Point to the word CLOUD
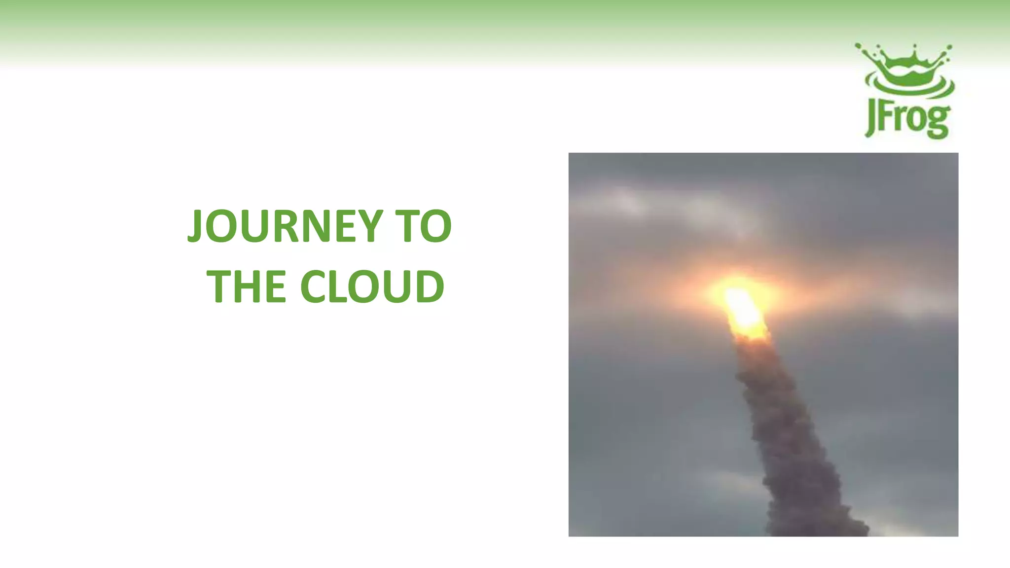pyautogui.click(x=372, y=286)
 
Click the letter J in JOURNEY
pyautogui.click(x=195, y=226)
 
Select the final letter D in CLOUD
pyautogui.click(x=430, y=286)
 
